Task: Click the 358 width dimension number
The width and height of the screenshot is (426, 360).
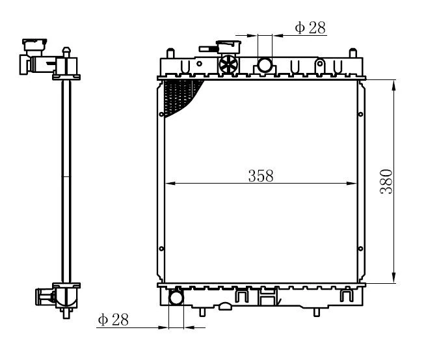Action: [x=261, y=176]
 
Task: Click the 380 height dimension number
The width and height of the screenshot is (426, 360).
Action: [x=386, y=182]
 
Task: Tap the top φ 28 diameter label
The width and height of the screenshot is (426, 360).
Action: [x=310, y=27]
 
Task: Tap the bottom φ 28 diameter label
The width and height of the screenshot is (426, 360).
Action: [x=113, y=320]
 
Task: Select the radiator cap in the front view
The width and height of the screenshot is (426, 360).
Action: [x=228, y=46]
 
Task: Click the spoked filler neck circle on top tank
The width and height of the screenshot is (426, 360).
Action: [x=228, y=64]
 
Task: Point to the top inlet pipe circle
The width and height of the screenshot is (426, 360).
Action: [x=265, y=65]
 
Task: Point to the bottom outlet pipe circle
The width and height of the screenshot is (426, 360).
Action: [x=176, y=298]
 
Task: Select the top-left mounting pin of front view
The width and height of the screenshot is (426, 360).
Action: [x=170, y=53]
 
